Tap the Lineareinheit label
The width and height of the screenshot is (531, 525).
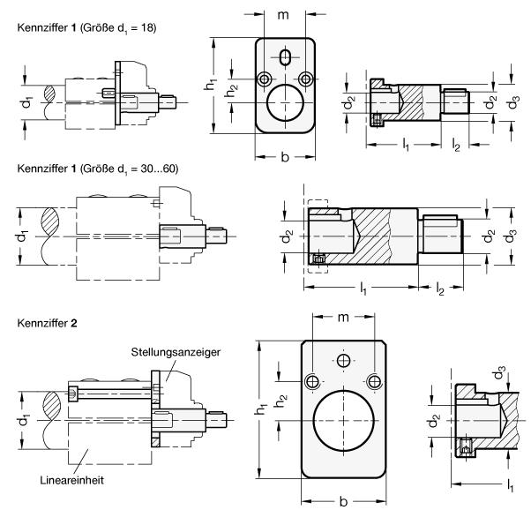coord(67,482)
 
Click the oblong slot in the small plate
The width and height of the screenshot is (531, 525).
coord(283,57)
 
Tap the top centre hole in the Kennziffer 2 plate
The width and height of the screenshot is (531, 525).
coord(342,360)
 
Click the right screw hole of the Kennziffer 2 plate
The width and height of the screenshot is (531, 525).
coord(375,381)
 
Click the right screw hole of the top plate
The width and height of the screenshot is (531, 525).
coord(305,79)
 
